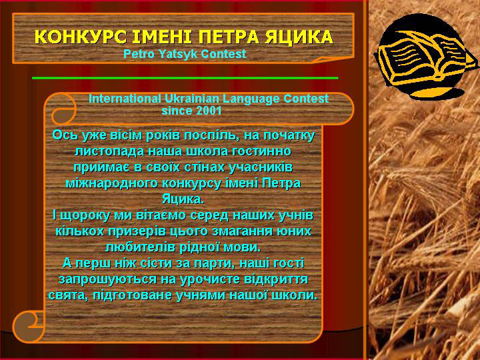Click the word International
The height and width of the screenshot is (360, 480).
click(125, 99)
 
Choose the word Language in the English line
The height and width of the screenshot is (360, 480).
click(251, 99)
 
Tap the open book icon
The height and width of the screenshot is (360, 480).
click(426, 58)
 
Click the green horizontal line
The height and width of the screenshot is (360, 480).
click(185, 78)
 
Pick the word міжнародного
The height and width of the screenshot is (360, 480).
click(111, 183)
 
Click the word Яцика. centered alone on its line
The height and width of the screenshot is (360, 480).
click(183, 199)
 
